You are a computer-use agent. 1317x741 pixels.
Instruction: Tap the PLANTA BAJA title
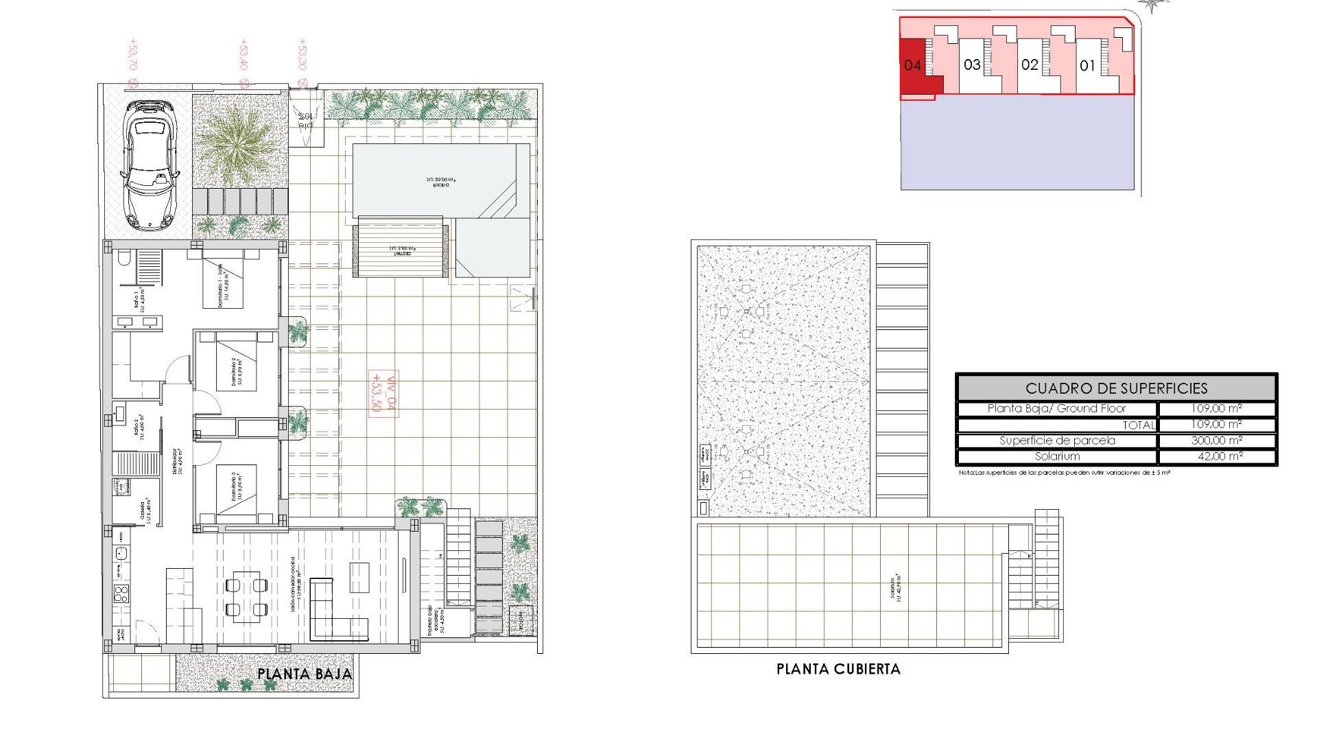(x=305, y=674)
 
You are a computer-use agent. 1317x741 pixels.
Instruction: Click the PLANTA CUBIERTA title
(x=838, y=669)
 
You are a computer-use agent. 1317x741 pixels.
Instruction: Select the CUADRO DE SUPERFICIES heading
(x=1116, y=388)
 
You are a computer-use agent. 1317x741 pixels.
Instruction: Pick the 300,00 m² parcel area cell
(x=1216, y=440)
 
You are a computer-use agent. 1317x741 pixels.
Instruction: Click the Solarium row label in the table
(x=1057, y=456)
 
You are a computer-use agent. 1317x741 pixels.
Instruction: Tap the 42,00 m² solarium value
(x=1216, y=456)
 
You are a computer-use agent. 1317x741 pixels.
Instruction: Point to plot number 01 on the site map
(x=1087, y=66)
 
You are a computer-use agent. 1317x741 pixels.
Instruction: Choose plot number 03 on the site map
(x=972, y=65)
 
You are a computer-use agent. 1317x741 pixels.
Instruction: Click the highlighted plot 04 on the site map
(x=912, y=66)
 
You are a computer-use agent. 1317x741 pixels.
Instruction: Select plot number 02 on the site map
(x=1030, y=65)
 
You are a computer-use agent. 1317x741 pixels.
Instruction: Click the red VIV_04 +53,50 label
(x=384, y=395)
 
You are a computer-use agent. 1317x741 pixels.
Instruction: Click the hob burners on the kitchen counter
(x=121, y=593)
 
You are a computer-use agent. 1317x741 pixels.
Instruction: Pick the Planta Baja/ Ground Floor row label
(x=1056, y=408)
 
